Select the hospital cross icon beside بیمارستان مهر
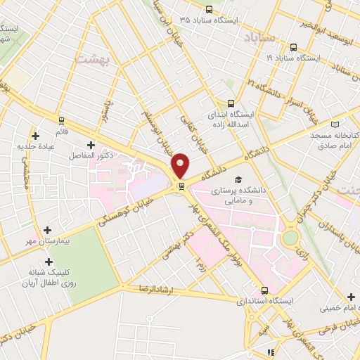pos(47,230)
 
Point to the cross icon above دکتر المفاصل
pos(92,143)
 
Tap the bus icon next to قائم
pos(61,120)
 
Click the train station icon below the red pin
pos(182,186)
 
